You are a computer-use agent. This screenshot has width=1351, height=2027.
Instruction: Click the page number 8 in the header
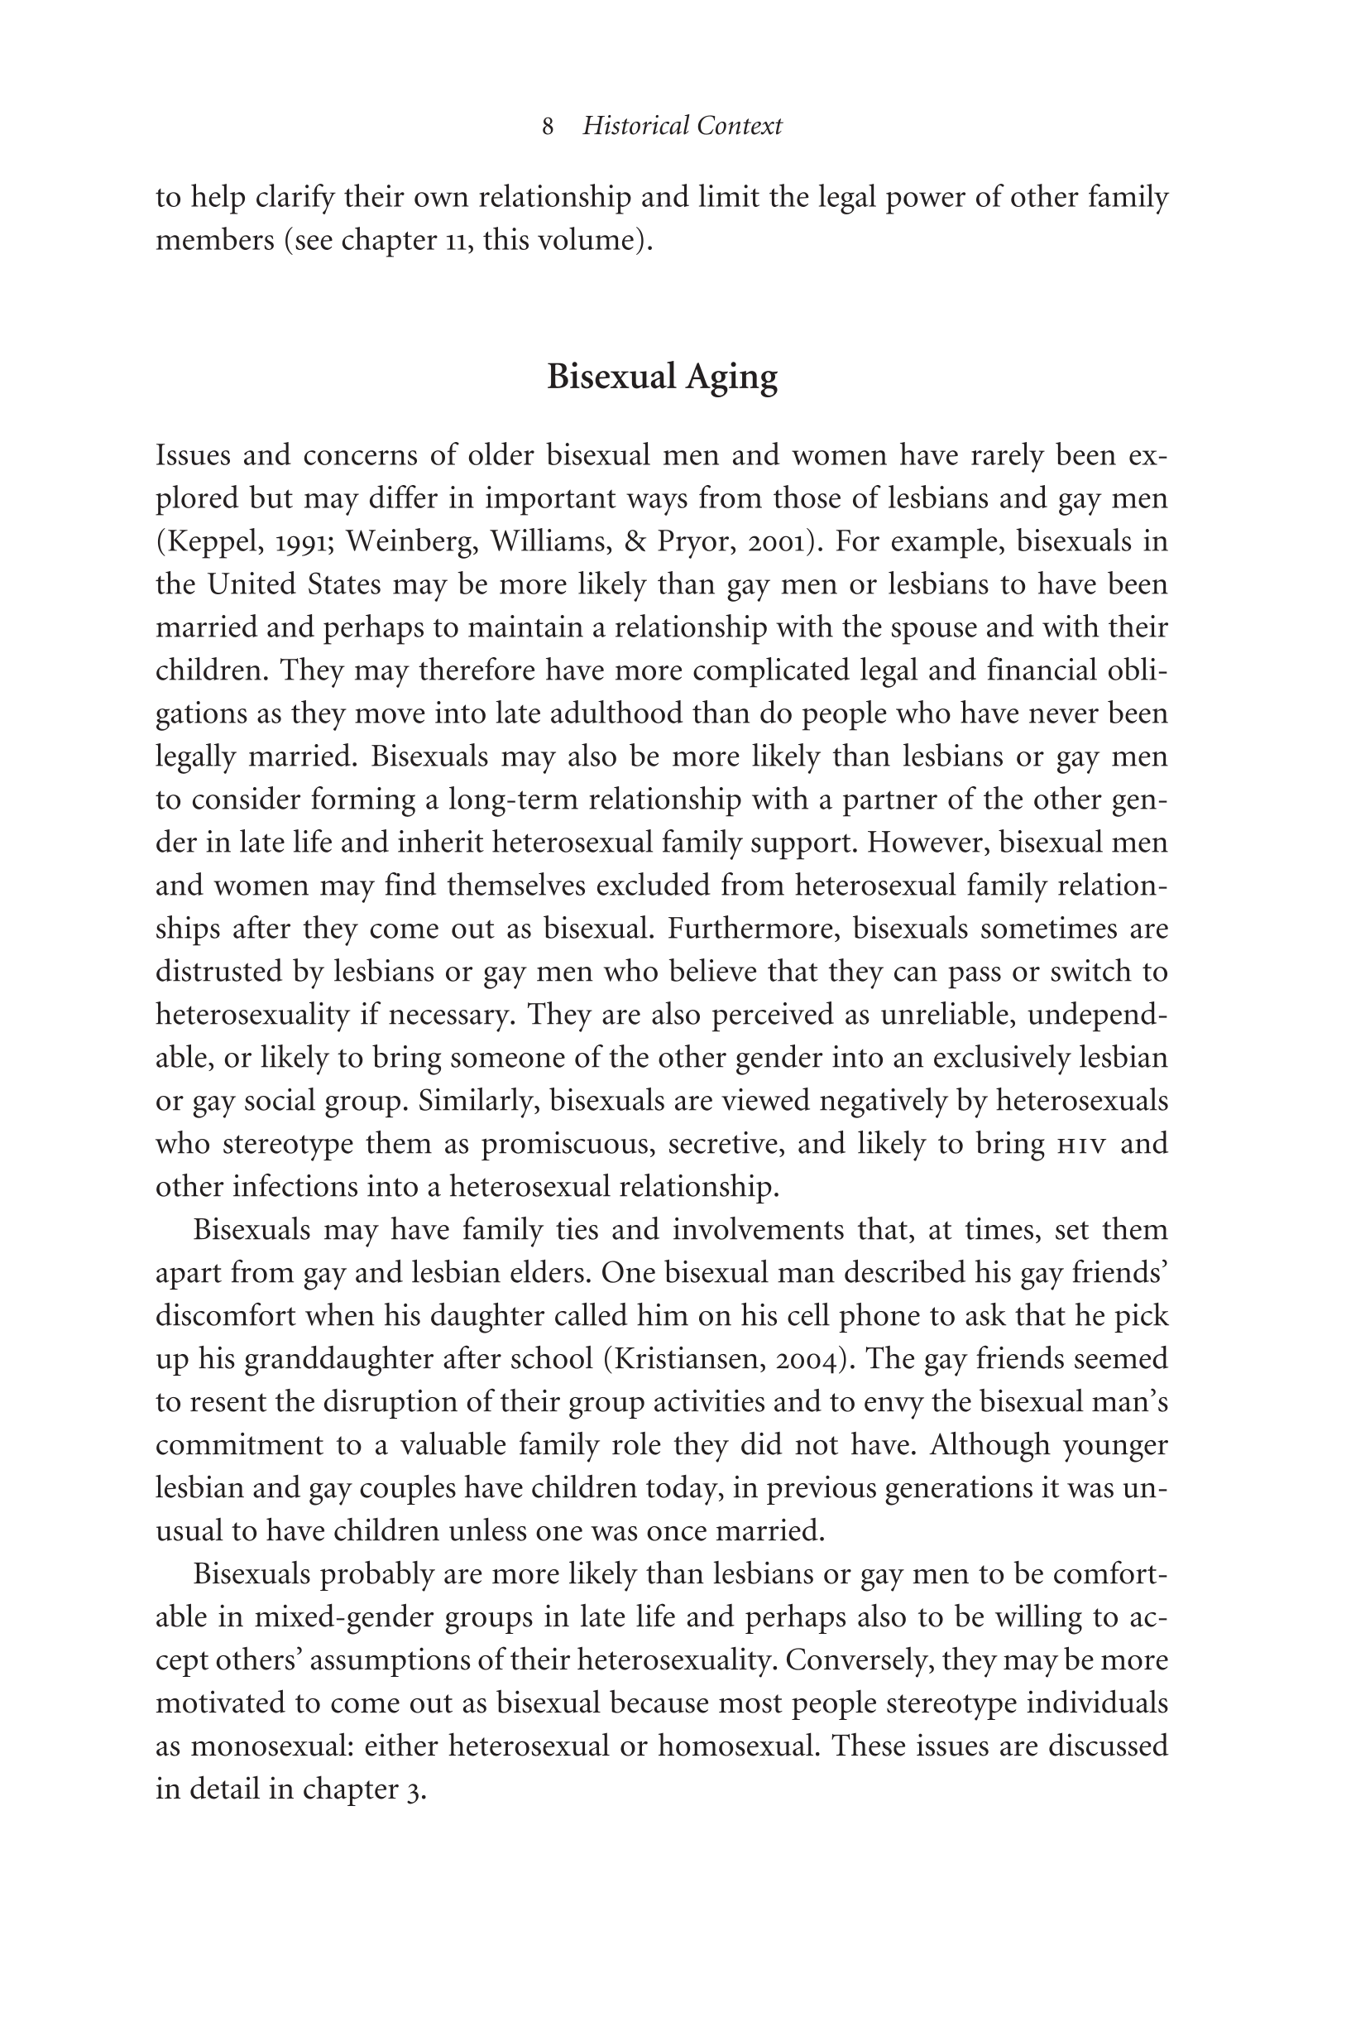tap(548, 127)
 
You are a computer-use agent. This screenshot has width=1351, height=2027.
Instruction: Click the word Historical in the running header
tap(636, 126)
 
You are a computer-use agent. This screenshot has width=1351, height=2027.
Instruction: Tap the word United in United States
tap(252, 584)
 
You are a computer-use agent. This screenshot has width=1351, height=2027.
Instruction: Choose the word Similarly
tap(477, 1101)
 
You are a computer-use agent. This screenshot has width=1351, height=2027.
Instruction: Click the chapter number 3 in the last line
tap(413, 1790)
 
